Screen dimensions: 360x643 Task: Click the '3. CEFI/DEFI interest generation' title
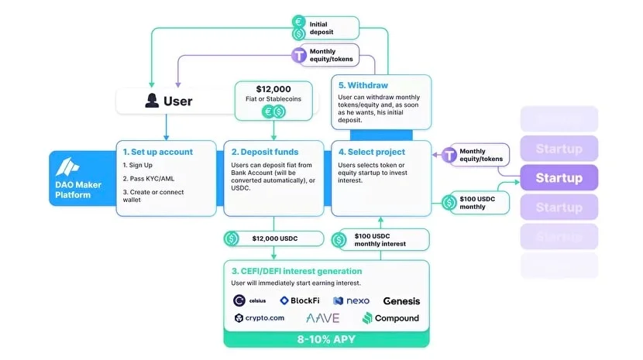(x=297, y=271)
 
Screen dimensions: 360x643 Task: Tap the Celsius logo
(x=251, y=300)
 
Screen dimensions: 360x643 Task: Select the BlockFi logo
(x=300, y=300)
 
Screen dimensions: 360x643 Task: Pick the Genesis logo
(x=402, y=300)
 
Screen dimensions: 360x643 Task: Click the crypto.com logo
(x=260, y=318)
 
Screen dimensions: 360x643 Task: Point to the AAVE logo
(x=322, y=318)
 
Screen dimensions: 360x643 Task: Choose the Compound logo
(x=390, y=318)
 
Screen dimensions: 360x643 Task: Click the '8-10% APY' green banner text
(x=325, y=339)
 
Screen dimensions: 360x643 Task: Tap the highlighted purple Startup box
(x=559, y=178)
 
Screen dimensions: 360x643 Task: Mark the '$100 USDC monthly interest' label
(x=380, y=238)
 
